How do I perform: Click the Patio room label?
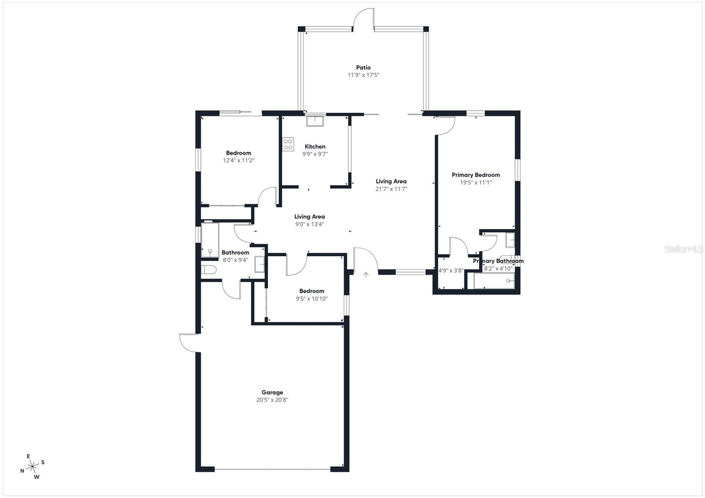click(x=364, y=67)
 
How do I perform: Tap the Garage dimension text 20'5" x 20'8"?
click(x=272, y=400)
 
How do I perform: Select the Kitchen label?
click(x=315, y=147)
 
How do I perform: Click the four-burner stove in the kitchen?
click(x=288, y=144)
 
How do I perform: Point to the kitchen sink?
click(x=315, y=120)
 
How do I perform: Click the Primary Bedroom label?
click(x=476, y=175)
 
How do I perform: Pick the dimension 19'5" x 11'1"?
click(x=476, y=182)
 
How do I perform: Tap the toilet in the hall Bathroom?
click(x=208, y=269)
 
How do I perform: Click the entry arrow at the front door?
click(x=366, y=275)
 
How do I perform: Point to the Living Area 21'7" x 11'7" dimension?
click(x=391, y=189)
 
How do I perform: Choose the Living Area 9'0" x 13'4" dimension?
click(x=309, y=224)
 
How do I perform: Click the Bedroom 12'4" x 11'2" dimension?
click(x=239, y=160)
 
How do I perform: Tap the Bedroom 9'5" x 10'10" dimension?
click(x=312, y=299)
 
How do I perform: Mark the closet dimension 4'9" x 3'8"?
click(x=451, y=270)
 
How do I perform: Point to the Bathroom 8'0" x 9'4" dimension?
click(x=235, y=260)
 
